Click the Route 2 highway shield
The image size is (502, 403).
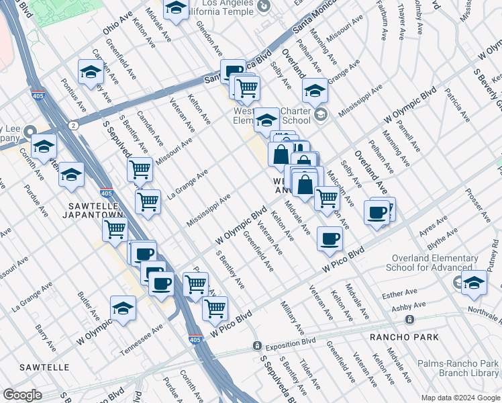coord(73,125)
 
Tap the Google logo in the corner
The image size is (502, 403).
coord(22,395)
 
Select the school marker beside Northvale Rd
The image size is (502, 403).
coord(474,282)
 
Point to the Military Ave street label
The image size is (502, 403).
coord(293,312)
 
